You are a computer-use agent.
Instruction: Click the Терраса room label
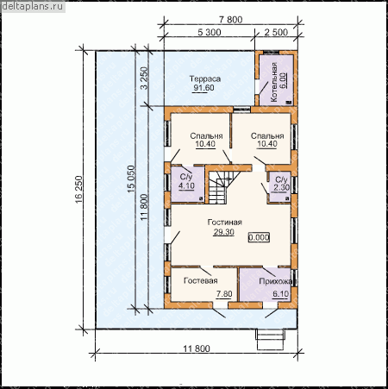click(205, 78)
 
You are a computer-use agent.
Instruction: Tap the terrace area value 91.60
click(203, 88)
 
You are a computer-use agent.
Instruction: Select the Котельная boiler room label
click(273, 82)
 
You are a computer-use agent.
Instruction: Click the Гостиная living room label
click(224, 223)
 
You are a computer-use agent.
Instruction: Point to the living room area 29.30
click(223, 232)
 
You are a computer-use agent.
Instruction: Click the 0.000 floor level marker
click(259, 237)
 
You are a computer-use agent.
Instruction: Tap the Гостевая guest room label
click(201, 280)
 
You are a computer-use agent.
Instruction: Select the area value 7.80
click(224, 294)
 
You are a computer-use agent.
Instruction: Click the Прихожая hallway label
click(277, 281)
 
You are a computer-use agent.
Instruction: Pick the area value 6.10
click(281, 294)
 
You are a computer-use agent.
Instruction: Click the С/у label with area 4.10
click(186, 177)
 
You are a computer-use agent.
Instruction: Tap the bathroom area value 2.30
click(281, 188)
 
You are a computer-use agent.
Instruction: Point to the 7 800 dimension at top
click(231, 20)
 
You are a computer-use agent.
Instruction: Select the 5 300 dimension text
click(210, 32)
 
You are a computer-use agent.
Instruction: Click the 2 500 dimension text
click(276, 32)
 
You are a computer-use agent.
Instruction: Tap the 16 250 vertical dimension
click(79, 189)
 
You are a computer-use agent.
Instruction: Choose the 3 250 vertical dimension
click(144, 78)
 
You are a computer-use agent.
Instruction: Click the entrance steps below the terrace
click(270, 339)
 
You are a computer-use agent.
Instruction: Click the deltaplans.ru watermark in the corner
click(32, 7)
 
